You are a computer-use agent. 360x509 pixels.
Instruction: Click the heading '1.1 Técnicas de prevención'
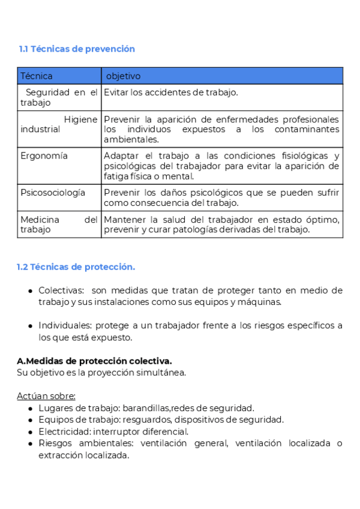click(77, 49)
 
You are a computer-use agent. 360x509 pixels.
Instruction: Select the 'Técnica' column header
click(37, 76)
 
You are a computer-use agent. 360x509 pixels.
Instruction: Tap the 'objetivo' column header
click(123, 76)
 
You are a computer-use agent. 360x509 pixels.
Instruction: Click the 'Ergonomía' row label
click(44, 156)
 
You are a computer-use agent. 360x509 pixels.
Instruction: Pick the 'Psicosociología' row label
click(53, 193)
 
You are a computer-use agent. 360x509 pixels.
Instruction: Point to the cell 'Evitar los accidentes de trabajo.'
click(171, 92)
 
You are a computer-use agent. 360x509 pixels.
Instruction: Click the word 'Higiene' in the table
click(80, 119)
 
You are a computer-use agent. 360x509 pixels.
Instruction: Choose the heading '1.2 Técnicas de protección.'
click(76, 267)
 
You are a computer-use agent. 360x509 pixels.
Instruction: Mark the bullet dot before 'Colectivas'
click(30, 291)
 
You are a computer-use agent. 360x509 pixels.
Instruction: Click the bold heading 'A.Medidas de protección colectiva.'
click(94, 361)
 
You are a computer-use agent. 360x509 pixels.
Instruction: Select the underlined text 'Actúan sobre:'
click(46, 396)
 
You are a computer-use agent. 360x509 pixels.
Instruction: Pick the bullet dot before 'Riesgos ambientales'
click(30, 444)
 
